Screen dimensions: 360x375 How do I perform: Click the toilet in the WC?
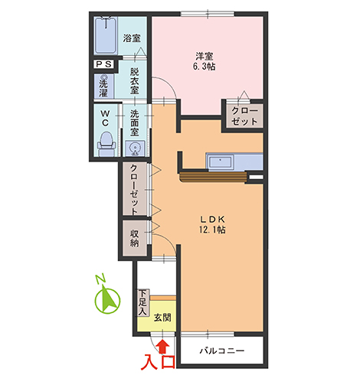(x=106, y=144)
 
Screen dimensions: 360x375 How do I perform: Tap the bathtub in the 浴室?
(x=106, y=35)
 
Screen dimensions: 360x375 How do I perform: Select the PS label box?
(x=104, y=64)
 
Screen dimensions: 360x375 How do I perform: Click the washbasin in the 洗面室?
(x=134, y=148)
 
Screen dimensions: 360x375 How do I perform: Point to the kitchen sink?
(x=221, y=162)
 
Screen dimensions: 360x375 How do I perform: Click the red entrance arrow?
(x=162, y=347)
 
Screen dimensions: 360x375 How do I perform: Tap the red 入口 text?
(x=159, y=362)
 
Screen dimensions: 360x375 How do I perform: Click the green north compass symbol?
(x=107, y=299)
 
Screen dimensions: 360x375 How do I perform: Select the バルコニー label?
(x=221, y=351)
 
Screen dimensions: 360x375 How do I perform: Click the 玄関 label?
(x=162, y=318)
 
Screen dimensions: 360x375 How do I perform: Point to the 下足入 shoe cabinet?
(x=143, y=302)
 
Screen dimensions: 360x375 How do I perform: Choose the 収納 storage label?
(x=135, y=238)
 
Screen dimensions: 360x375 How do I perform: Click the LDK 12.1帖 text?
(x=212, y=224)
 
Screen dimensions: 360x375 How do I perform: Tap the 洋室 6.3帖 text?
(x=205, y=61)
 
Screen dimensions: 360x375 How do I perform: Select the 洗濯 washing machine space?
(x=103, y=86)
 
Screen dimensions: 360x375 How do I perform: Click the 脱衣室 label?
(x=135, y=81)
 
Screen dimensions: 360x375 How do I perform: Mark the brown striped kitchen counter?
(x=213, y=177)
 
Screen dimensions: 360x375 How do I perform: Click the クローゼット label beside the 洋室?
(x=244, y=116)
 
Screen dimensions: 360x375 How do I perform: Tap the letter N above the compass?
(x=100, y=279)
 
